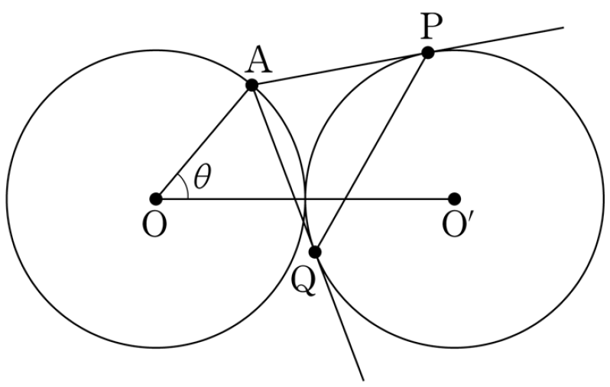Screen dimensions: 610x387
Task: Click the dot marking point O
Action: pyautogui.click(x=156, y=199)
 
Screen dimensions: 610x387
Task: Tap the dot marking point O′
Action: pyautogui.click(x=454, y=199)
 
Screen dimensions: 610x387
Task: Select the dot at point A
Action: pyautogui.click(x=252, y=85)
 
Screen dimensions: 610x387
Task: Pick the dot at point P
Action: pyautogui.click(x=428, y=53)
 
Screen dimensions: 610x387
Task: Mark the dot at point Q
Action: pyautogui.click(x=315, y=252)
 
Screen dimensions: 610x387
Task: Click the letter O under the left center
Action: pyautogui.click(x=155, y=225)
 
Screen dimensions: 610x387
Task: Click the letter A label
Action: pyautogui.click(x=258, y=60)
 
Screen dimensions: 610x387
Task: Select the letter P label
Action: pyautogui.click(x=432, y=27)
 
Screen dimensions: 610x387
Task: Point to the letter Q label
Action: pyautogui.click(x=303, y=281)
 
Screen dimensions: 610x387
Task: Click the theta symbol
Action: pyautogui.click(x=203, y=176)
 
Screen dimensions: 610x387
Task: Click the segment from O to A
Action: pyautogui.click(x=204, y=142)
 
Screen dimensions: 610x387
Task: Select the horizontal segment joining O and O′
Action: pyautogui.click(x=305, y=199)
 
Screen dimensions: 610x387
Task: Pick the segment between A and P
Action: pyautogui.click(x=340, y=69)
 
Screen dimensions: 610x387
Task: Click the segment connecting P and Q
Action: pyautogui.click(x=372, y=153)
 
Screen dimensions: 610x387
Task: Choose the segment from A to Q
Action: pyautogui.click(x=284, y=168)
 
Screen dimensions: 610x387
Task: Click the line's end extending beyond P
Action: pyautogui.click(x=563, y=27)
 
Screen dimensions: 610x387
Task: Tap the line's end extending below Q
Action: pyautogui.click(x=363, y=380)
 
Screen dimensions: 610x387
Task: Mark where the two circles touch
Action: pyautogui.click(x=305, y=199)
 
